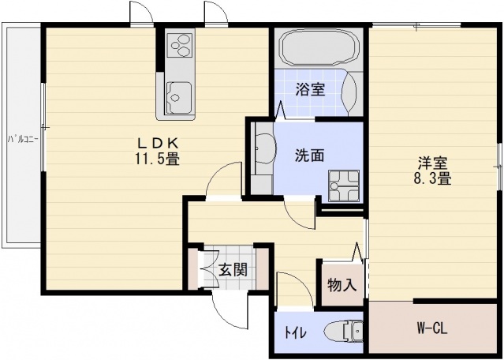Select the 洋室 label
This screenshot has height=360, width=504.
click(433, 163)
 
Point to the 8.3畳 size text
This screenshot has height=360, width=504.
click(433, 179)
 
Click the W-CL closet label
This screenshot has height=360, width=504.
click(431, 328)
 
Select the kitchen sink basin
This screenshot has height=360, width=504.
click(179, 96)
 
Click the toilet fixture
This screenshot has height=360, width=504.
click(342, 332)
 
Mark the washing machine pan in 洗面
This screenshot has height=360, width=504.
click(343, 186)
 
